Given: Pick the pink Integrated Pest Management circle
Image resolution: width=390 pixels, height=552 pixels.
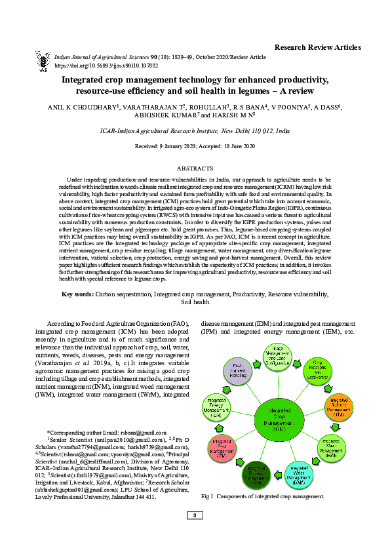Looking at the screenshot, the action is pyautogui.click(x=222, y=448).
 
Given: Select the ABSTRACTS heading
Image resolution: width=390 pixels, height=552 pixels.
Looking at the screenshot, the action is pyautogui.click(x=195, y=168).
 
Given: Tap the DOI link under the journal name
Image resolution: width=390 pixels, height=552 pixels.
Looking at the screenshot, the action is pyautogui.click(x=106, y=66).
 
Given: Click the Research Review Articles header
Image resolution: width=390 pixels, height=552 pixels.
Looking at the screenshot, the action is pyautogui.click(x=317, y=47).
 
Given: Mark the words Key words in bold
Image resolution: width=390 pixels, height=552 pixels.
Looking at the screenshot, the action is pyautogui.click(x=77, y=294).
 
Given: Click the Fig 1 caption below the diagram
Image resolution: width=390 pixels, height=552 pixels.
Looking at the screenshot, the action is pyautogui.click(x=262, y=497).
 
